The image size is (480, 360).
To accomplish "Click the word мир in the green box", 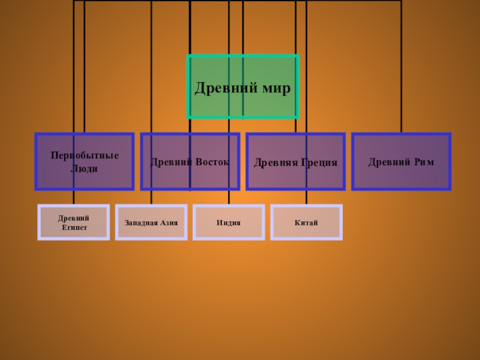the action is pos(276,89).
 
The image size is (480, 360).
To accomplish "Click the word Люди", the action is pos(84,169).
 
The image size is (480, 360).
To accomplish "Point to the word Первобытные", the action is pos(85,156).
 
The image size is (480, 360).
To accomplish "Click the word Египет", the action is pos(74,228).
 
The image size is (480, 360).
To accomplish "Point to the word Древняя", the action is pos(274,163).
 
